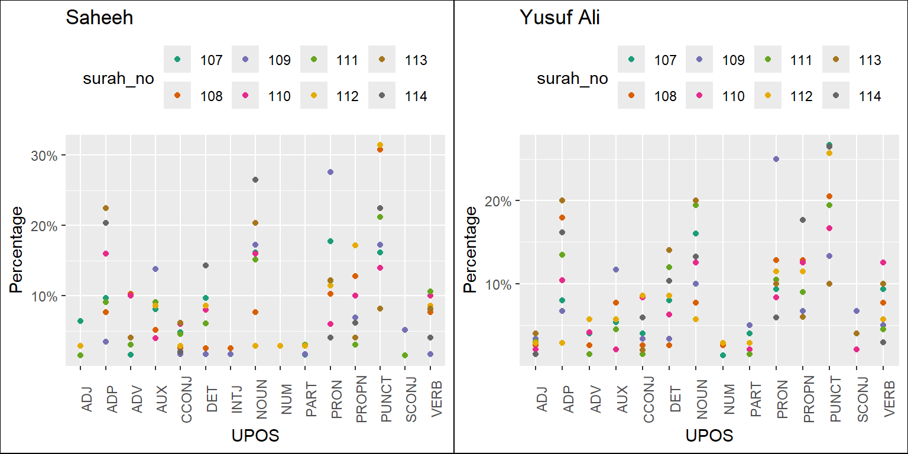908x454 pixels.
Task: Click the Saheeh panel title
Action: coord(99,18)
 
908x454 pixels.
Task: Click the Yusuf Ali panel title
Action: coord(559,18)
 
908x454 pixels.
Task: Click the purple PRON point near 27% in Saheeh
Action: coord(330,172)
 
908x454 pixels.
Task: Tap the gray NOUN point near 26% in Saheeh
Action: coord(255,180)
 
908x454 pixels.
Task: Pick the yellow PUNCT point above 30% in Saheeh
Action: coord(380,145)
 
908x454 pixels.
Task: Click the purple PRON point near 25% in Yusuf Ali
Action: coord(776,159)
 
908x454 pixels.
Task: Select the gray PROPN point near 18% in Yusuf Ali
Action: coord(803,220)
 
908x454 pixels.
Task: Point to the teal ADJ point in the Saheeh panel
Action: coord(80,321)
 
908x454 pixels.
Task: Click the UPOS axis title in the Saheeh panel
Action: coord(255,436)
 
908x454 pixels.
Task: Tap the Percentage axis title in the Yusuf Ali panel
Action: coord(470,249)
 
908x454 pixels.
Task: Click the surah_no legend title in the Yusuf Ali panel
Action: coord(572,79)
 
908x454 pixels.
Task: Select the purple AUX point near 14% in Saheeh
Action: coord(155,269)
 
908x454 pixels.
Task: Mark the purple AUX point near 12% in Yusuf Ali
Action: coord(616,270)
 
